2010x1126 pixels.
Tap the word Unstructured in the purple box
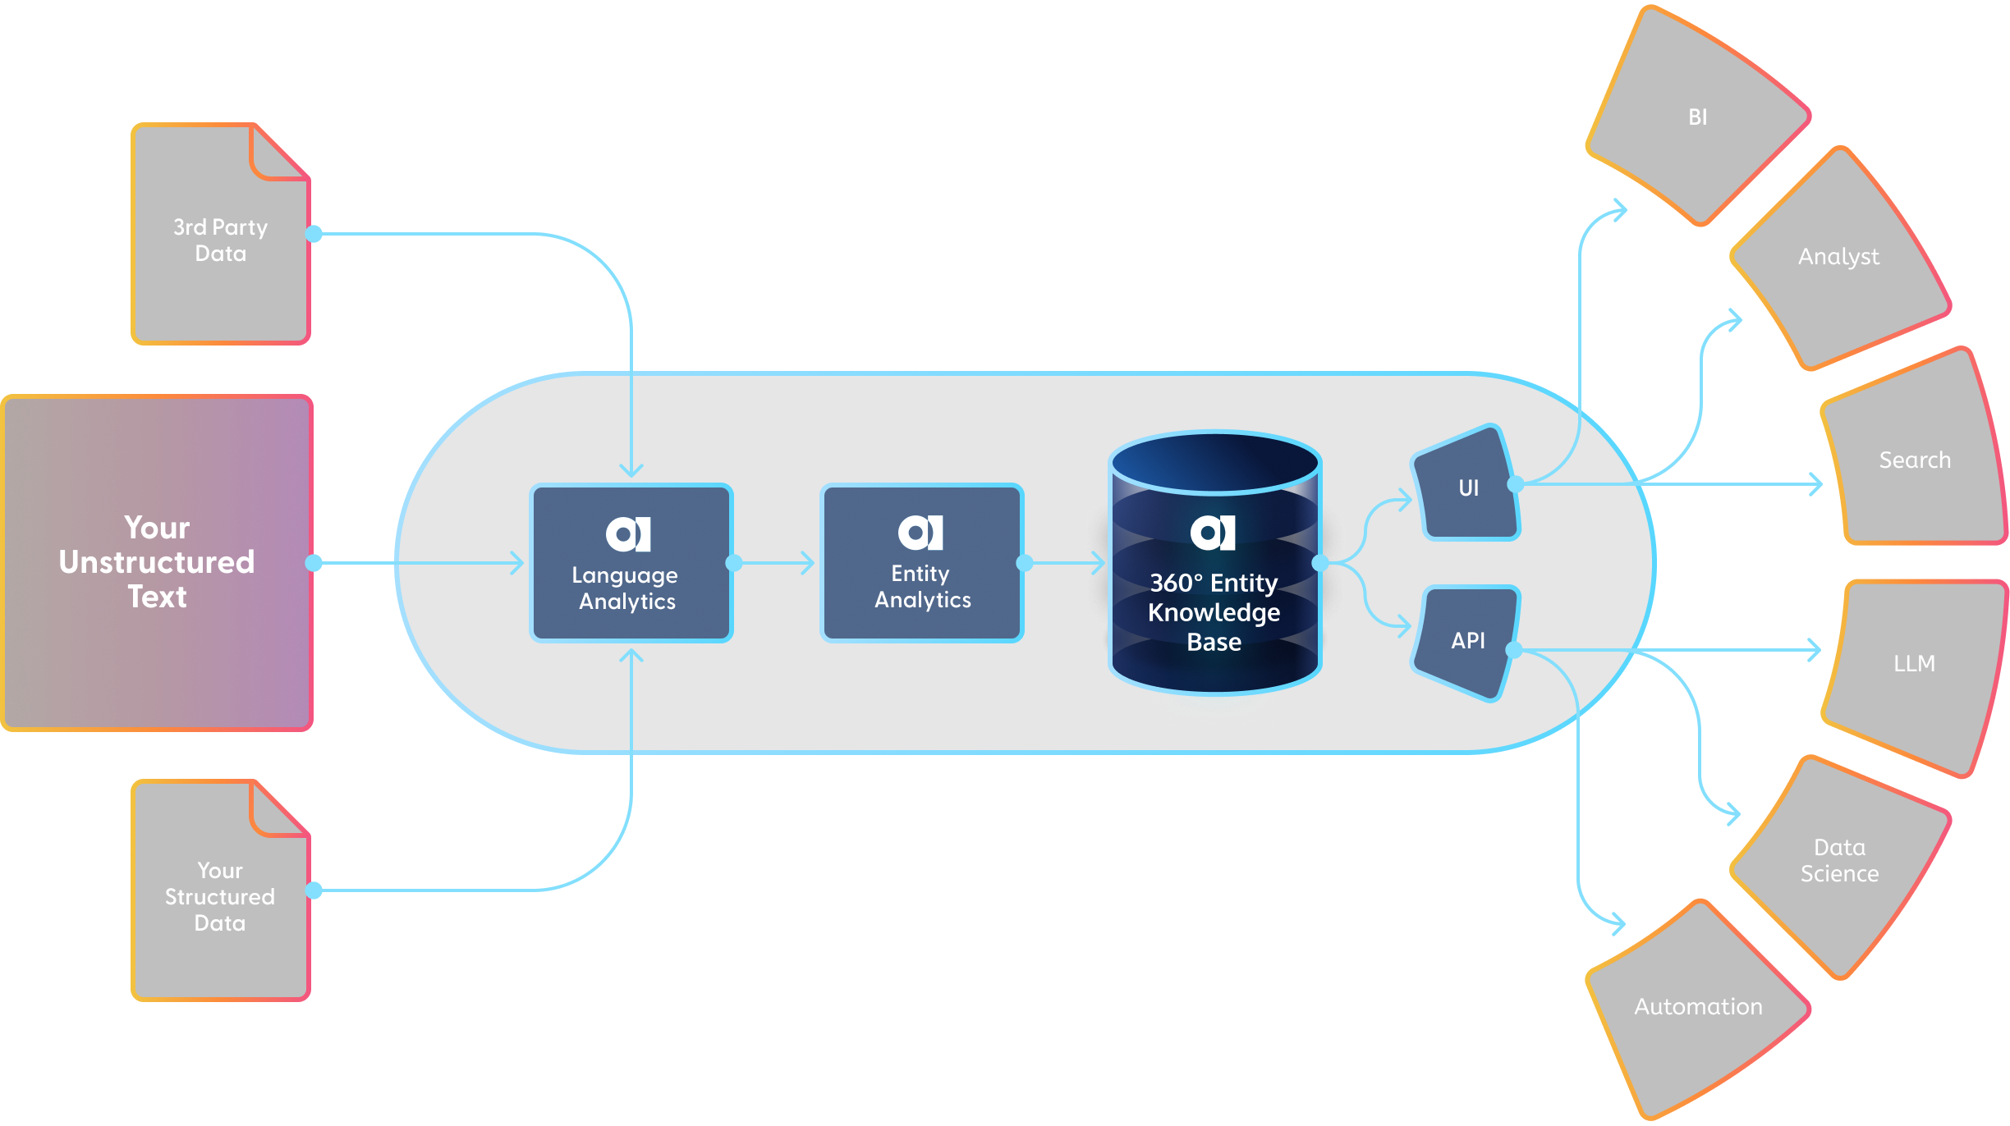tap(157, 562)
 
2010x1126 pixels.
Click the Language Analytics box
tap(631, 563)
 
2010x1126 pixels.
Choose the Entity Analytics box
tap(921, 563)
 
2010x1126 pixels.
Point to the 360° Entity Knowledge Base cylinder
tap(1214, 574)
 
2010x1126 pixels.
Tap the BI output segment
tap(1698, 117)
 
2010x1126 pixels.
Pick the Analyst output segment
tap(1839, 257)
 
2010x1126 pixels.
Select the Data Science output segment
tap(1839, 860)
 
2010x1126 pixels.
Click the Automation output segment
tap(1698, 1006)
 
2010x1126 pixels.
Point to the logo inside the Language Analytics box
tap(629, 534)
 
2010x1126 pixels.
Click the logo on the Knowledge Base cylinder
tap(1213, 533)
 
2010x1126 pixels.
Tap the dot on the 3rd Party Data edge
tap(314, 234)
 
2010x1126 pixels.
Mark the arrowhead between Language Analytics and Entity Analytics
tap(809, 563)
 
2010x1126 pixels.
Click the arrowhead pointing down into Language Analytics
tap(631, 470)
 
